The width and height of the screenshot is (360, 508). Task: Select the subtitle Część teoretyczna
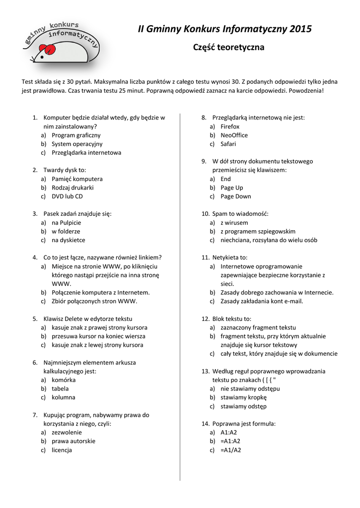point(228,48)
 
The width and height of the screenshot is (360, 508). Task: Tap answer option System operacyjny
point(77,144)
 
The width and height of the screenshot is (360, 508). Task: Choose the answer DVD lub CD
point(67,196)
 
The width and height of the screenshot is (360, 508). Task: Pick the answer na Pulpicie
point(66,223)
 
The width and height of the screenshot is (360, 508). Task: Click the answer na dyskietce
point(68,240)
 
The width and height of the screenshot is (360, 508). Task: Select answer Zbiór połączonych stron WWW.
point(94,301)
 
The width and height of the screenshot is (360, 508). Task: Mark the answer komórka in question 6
point(64,380)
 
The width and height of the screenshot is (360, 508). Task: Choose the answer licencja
point(62,450)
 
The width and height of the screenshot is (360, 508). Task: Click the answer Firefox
point(230,127)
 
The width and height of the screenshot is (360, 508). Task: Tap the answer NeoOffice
point(234,135)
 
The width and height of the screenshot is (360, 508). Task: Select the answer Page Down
point(236,196)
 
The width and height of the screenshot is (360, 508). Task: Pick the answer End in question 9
point(225,179)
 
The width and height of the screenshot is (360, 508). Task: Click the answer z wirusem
point(234,223)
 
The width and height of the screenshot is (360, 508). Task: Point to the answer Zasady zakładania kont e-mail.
point(262,301)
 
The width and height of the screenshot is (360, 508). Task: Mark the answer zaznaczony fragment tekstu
point(258,327)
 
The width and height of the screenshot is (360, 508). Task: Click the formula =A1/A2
point(230,450)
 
